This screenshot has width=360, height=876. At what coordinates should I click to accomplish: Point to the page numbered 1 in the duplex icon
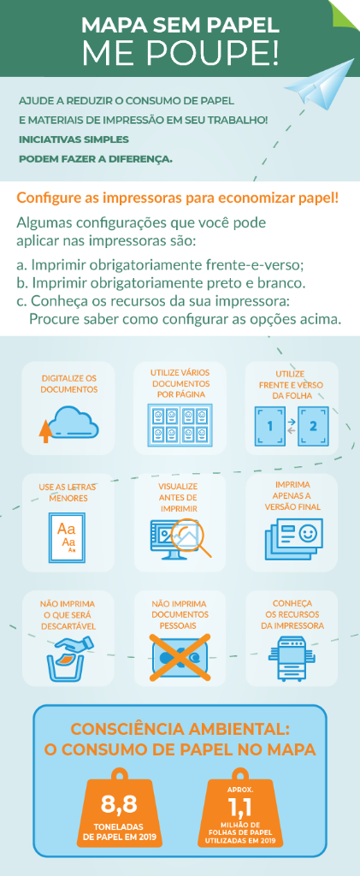269,425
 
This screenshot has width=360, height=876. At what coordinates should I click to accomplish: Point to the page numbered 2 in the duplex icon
313,425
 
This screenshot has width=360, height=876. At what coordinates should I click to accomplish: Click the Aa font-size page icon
67,536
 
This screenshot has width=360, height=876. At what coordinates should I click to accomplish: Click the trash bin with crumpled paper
68,658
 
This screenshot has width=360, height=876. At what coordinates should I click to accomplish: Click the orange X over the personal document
180,657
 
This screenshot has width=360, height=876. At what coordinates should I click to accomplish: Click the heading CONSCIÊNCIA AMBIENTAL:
180,730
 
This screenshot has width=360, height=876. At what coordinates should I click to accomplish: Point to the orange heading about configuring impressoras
178,198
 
